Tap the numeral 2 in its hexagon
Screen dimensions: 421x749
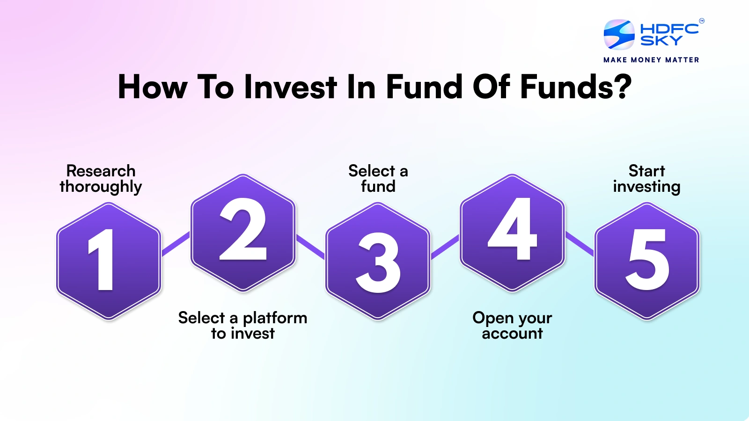pos(243,230)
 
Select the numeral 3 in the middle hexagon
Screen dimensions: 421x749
pos(378,262)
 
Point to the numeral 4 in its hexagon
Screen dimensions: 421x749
pos(512,229)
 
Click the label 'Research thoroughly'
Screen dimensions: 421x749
pos(101,179)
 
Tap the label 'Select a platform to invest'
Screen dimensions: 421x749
pos(242,326)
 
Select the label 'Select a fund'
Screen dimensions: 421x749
pos(378,179)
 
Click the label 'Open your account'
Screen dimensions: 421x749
pos(512,326)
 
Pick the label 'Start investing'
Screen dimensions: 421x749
pos(646,179)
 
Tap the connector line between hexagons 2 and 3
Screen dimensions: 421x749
pos(310,247)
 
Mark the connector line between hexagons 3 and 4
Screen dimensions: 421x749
pos(445,247)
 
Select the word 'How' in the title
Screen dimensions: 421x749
pos(152,87)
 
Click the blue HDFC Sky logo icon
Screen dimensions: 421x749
pos(619,35)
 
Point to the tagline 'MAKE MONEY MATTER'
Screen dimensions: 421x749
pos(651,60)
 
